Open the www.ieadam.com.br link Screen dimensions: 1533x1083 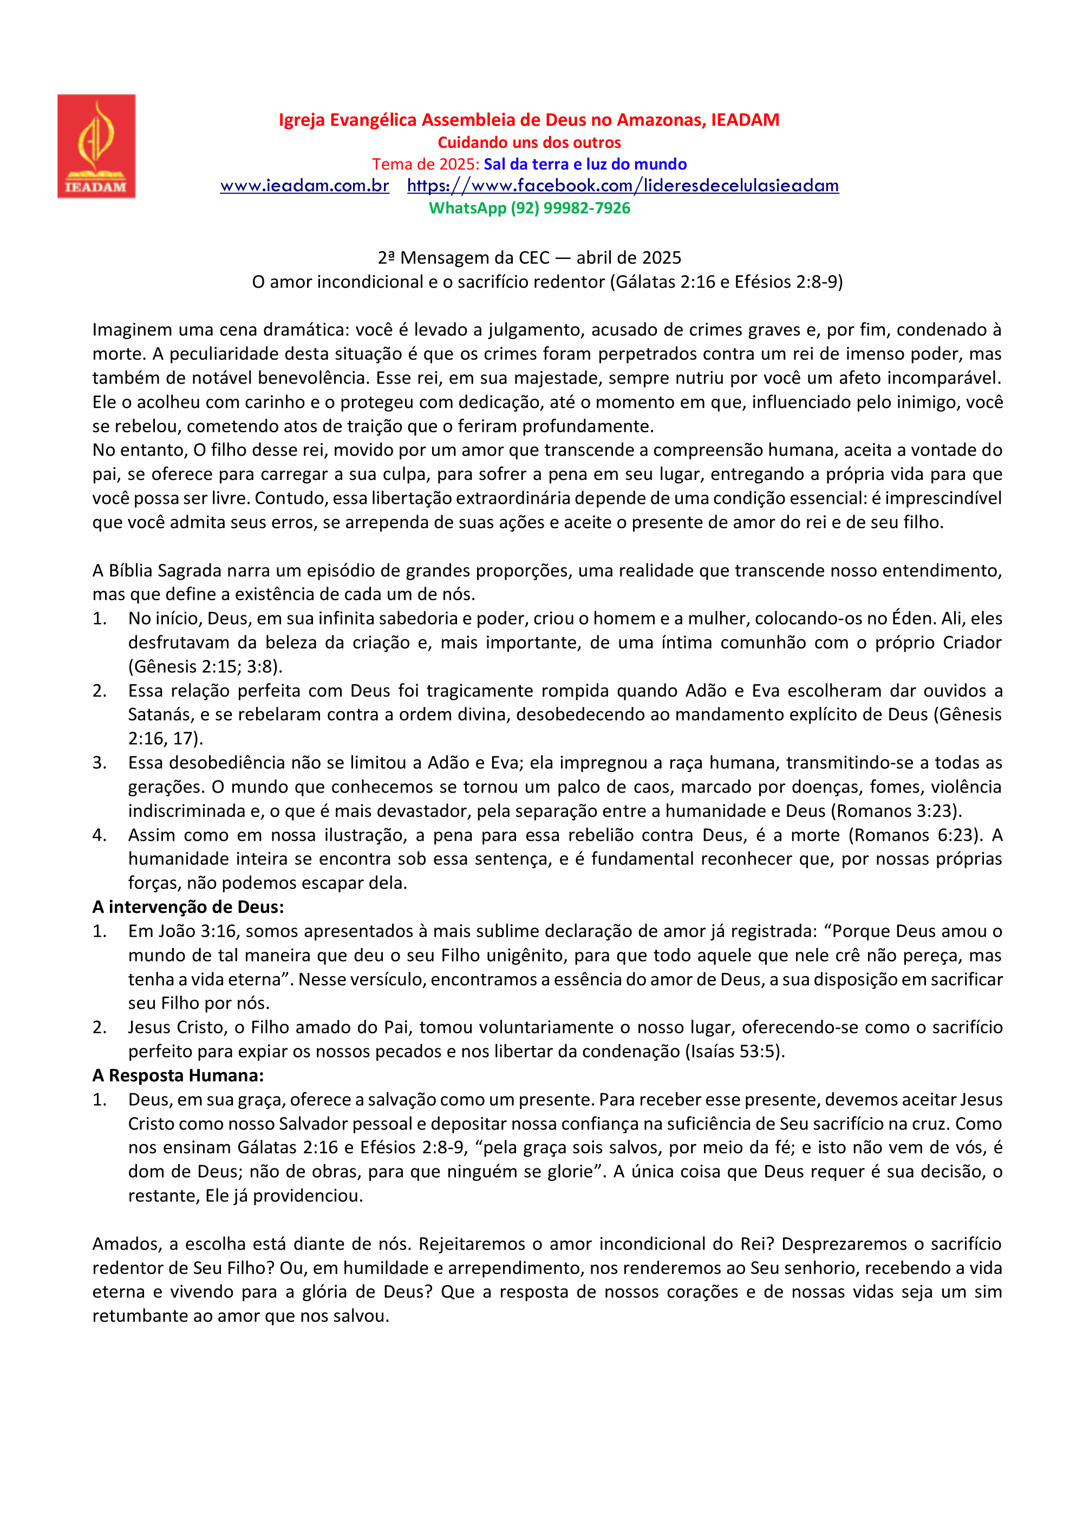pyautogui.click(x=304, y=186)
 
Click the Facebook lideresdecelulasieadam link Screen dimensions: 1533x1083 pyautogui.click(x=623, y=186)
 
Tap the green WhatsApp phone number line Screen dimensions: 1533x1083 pyautogui.click(x=529, y=209)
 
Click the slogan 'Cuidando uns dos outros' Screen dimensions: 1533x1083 pyautogui.click(x=529, y=142)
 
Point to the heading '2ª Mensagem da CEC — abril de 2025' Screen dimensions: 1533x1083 pyautogui.click(x=529, y=258)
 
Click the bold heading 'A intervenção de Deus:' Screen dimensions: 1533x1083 pyautogui.click(x=188, y=907)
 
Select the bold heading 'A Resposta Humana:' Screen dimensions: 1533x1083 pyautogui.click(x=178, y=1075)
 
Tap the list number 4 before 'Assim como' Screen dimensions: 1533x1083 pyautogui.click(x=100, y=835)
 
